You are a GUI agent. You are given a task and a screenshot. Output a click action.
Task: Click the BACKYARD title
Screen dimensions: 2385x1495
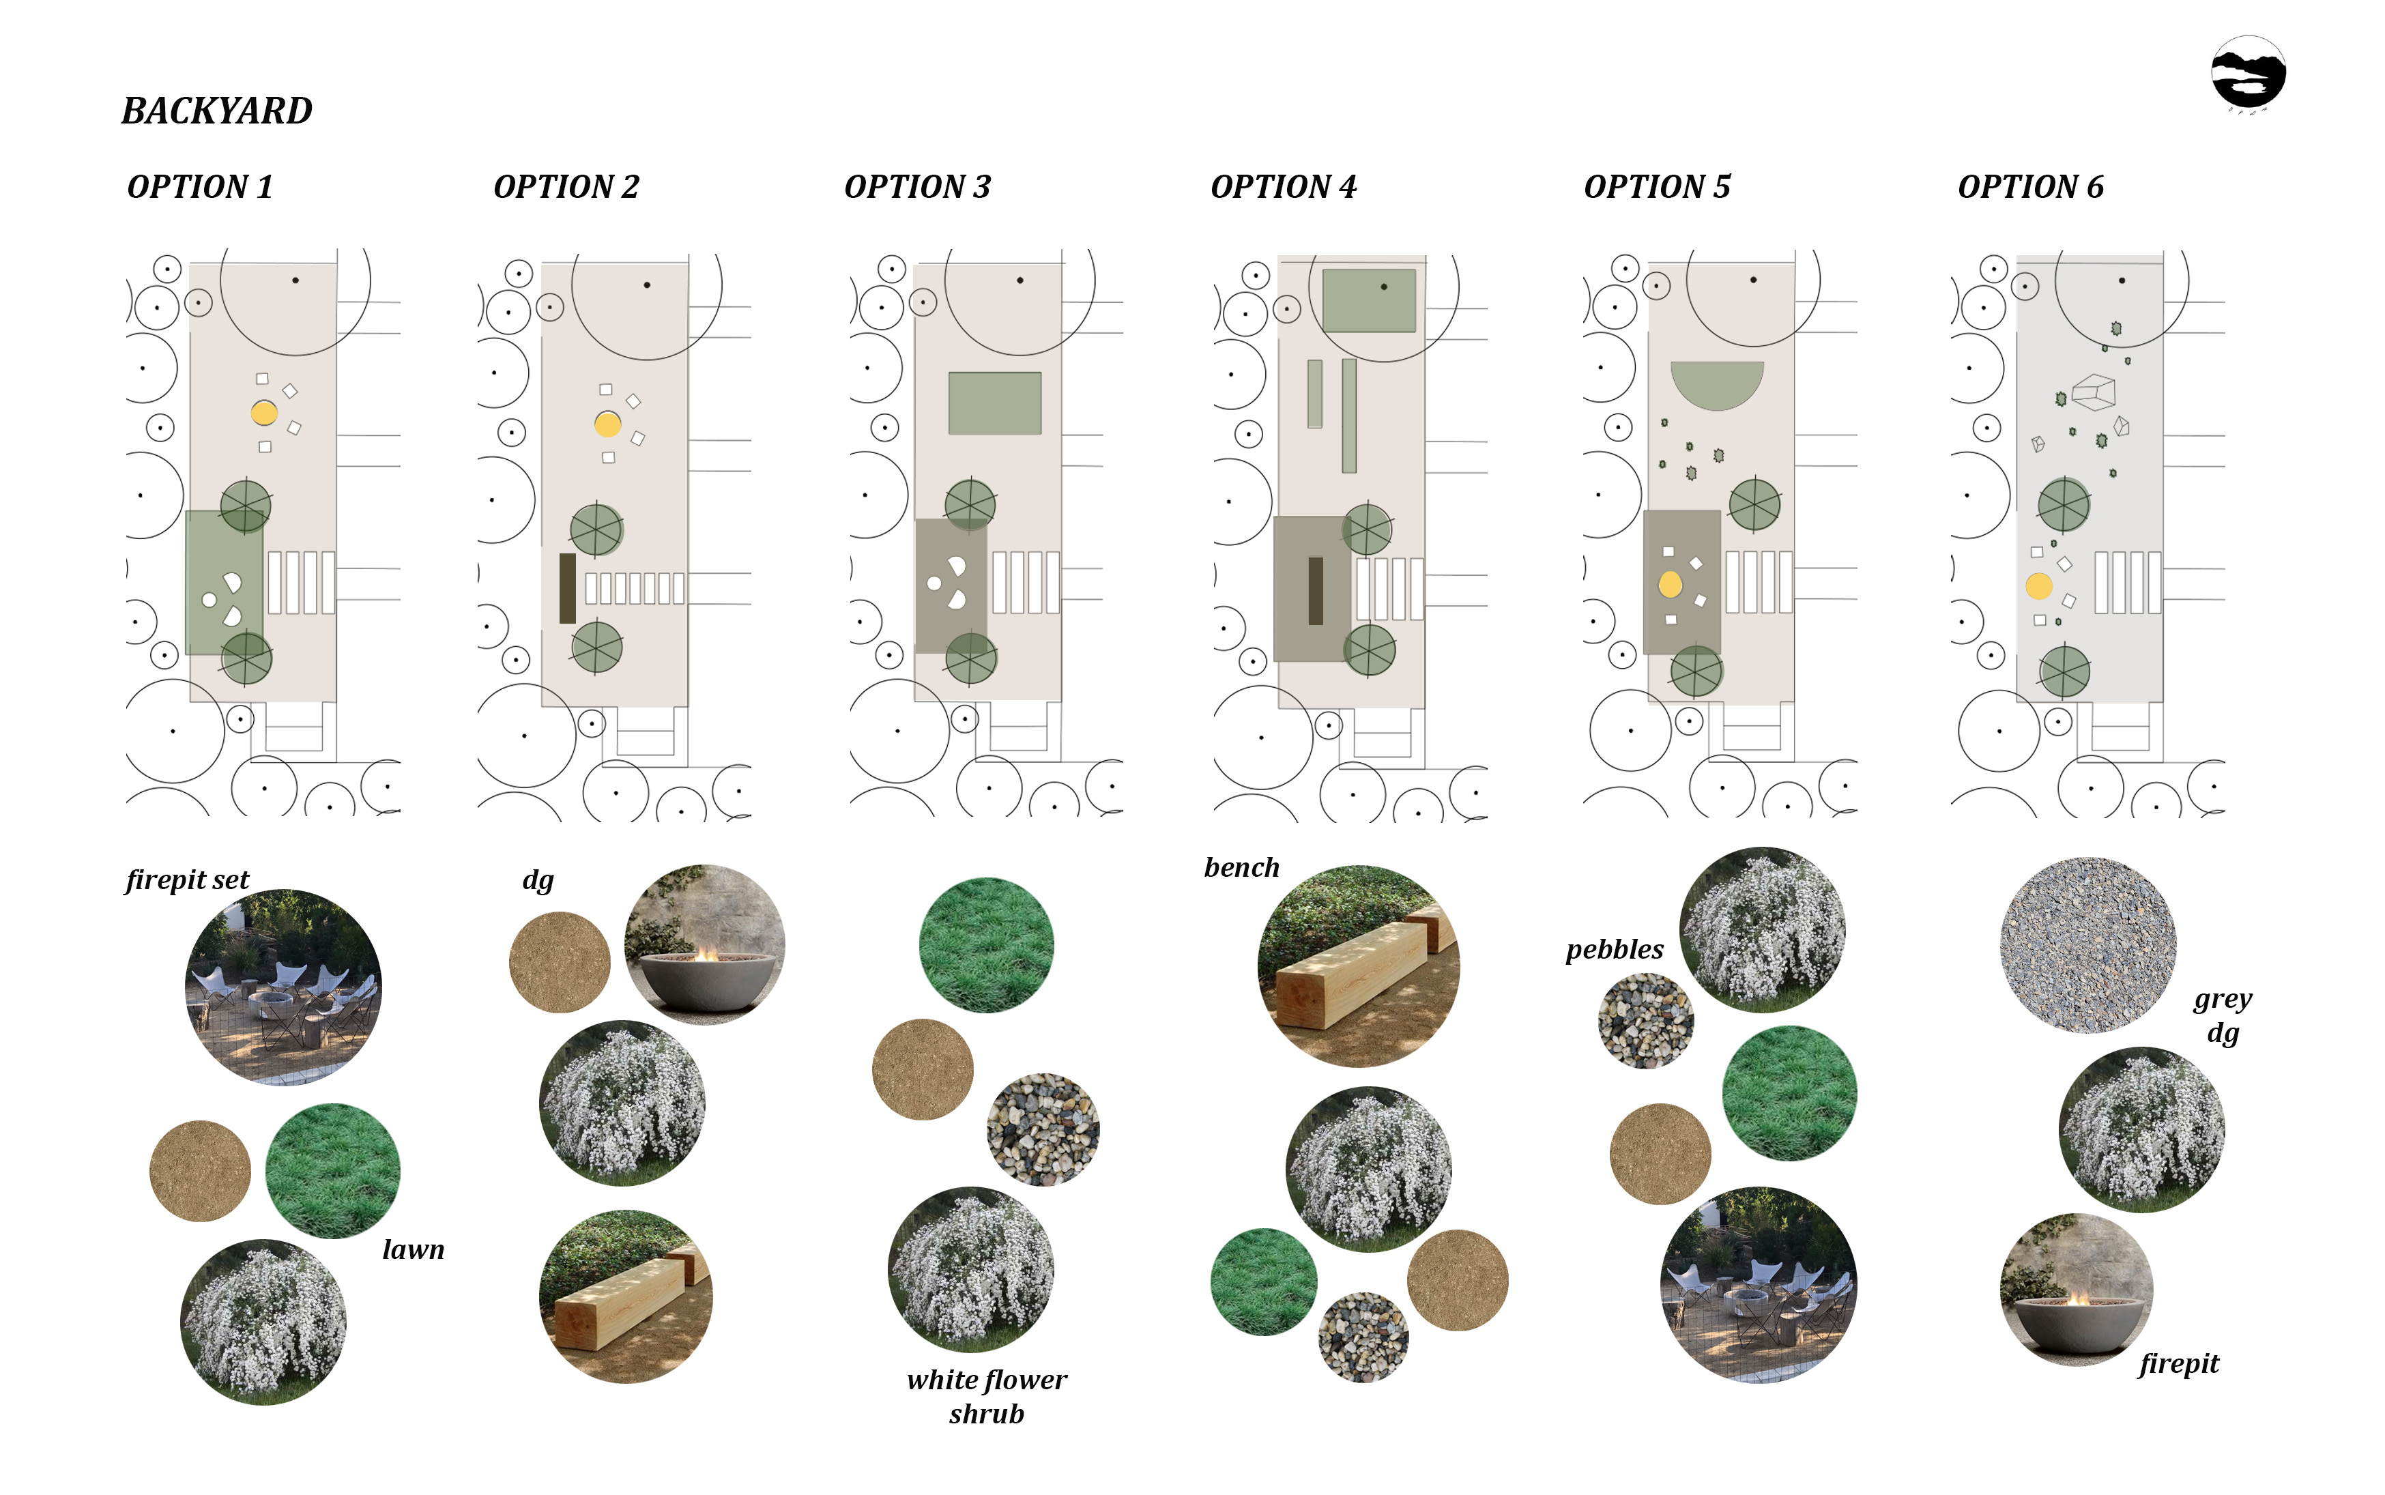click(x=216, y=111)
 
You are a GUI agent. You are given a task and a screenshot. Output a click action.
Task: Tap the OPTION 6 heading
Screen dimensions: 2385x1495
click(x=2030, y=187)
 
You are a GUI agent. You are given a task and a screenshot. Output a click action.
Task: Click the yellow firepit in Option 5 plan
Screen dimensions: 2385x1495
click(x=1670, y=584)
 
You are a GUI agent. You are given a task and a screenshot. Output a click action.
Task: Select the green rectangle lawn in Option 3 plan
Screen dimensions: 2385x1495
click(x=995, y=403)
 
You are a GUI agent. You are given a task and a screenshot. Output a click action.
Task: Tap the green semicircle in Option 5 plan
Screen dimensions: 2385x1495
click(x=1716, y=383)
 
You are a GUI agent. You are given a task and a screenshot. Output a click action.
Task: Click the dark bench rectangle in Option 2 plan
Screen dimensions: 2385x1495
click(x=568, y=588)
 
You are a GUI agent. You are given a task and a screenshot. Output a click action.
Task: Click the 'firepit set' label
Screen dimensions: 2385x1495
click(x=187, y=880)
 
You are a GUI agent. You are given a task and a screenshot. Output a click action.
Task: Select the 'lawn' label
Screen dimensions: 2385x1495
click(x=414, y=1250)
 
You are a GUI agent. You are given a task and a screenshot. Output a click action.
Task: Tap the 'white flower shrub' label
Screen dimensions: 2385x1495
click(x=987, y=1396)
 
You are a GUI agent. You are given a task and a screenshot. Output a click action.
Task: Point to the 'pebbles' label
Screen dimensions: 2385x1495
click(x=1614, y=950)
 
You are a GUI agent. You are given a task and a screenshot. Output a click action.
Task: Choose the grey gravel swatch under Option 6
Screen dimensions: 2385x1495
click(x=2087, y=945)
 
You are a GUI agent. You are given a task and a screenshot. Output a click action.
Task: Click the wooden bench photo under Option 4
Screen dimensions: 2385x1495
click(x=1359, y=966)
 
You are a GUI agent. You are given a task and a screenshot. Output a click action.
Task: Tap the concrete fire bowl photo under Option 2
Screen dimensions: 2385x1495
click(x=705, y=944)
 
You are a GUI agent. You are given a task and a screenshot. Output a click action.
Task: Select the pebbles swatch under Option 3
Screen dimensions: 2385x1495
click(x=1043, y=1129)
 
